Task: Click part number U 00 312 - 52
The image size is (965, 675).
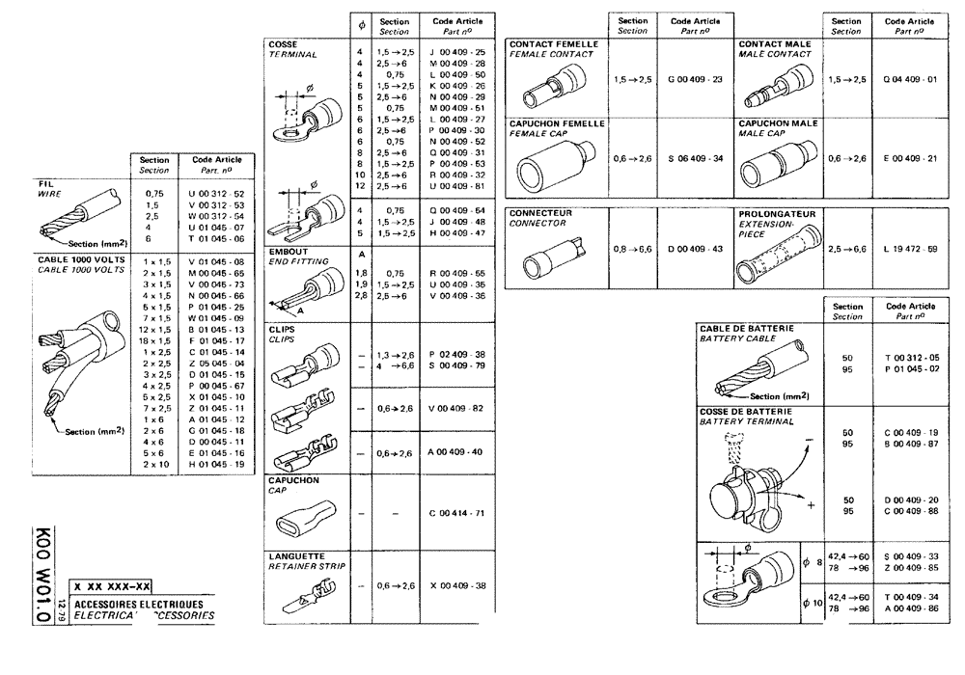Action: pyautogui.click(x=216, y=194)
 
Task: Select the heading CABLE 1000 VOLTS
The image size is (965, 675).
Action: pyautogui.click(x=81, y=260)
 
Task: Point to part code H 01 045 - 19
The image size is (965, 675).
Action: pyautogui.click(x=216, y=464)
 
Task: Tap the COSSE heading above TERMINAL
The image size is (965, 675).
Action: pyautogui.click(x=283, y=44)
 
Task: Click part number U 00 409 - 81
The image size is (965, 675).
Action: pyautogui.click(x=458, y=185)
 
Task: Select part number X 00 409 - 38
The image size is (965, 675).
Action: pyautogui.click(x=458, y=585)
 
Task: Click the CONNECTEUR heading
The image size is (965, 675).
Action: pyautogui.click(x=540, y=213)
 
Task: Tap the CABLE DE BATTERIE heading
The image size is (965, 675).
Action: pyautogui.click(x=747, y=328)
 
